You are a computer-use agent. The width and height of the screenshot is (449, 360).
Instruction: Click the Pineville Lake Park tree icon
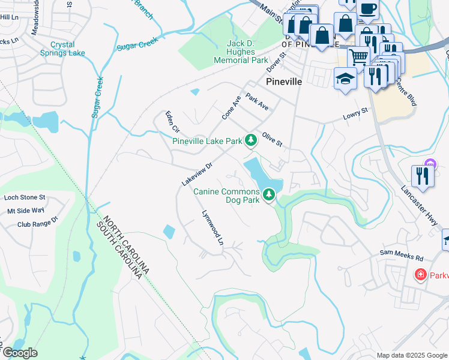250,140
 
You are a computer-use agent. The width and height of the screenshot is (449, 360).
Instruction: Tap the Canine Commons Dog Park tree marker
270,194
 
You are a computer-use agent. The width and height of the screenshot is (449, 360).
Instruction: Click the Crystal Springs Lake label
67,49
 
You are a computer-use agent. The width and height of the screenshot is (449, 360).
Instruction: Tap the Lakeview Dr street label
197,174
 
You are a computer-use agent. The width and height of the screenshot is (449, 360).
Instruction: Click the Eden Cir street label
172,121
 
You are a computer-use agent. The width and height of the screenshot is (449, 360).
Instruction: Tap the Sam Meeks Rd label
402,256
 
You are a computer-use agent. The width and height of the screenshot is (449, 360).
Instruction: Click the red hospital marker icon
421,274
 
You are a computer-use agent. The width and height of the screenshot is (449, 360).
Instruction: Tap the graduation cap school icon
345,79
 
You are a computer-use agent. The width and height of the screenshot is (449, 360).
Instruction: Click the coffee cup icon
369,9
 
